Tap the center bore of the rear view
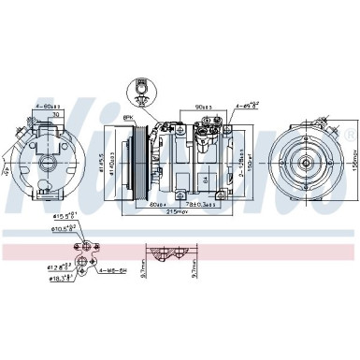coord(41,153)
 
